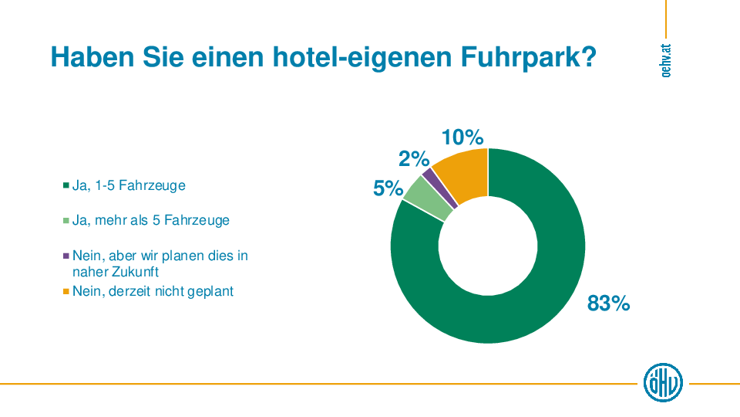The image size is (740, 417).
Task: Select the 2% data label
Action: click(413, 159)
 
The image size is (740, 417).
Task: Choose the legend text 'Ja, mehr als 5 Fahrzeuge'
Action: click(150, 220)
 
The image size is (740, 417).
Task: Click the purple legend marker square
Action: click(66, 256)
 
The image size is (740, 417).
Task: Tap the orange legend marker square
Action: click(66, 292)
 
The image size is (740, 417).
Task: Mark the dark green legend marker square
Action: click(66, 186)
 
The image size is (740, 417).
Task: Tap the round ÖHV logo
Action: click(663, 382)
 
